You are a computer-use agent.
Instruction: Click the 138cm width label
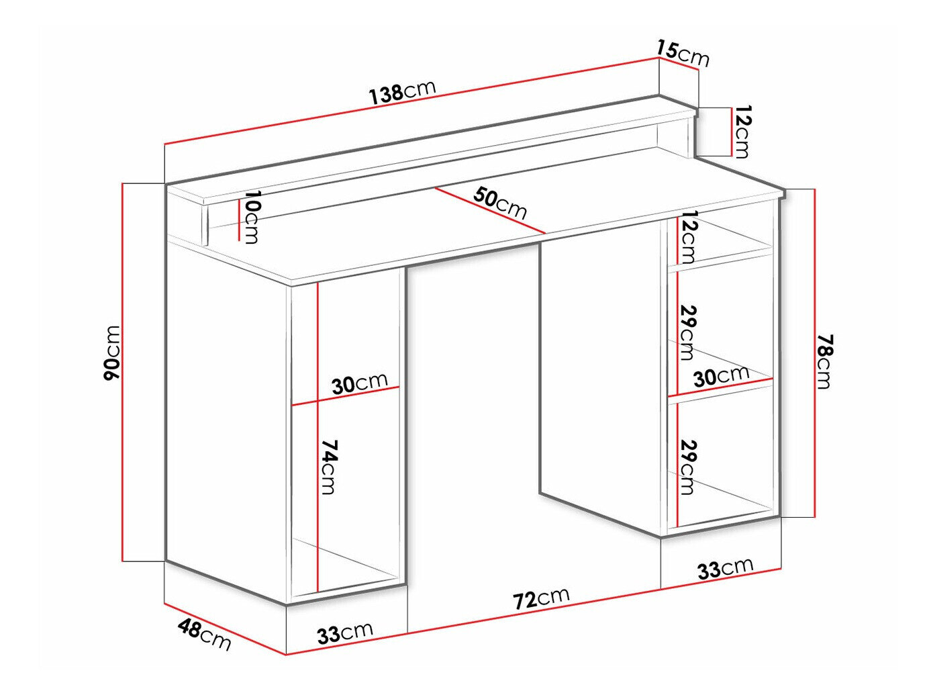coord(403,91)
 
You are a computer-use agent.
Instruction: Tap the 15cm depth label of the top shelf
coord(683,53)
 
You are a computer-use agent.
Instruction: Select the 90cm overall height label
coord(112,353)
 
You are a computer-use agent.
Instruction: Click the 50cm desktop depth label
coord(500,203)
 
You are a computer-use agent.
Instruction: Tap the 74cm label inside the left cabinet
coord(328,467)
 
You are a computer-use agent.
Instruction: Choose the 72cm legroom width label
coord(541,598)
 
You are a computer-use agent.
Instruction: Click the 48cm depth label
coord(204,635)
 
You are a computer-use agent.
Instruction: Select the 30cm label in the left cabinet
coord(359,384)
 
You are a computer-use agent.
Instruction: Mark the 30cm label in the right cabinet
coord(721,375)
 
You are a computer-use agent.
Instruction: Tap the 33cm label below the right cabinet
coord(725,568)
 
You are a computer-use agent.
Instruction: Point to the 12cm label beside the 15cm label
coord(742,132)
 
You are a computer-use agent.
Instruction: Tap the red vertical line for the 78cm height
coord(814,353)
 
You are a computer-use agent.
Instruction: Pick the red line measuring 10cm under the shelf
coord(238,219)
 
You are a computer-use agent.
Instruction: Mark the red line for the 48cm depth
coord(225,628)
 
